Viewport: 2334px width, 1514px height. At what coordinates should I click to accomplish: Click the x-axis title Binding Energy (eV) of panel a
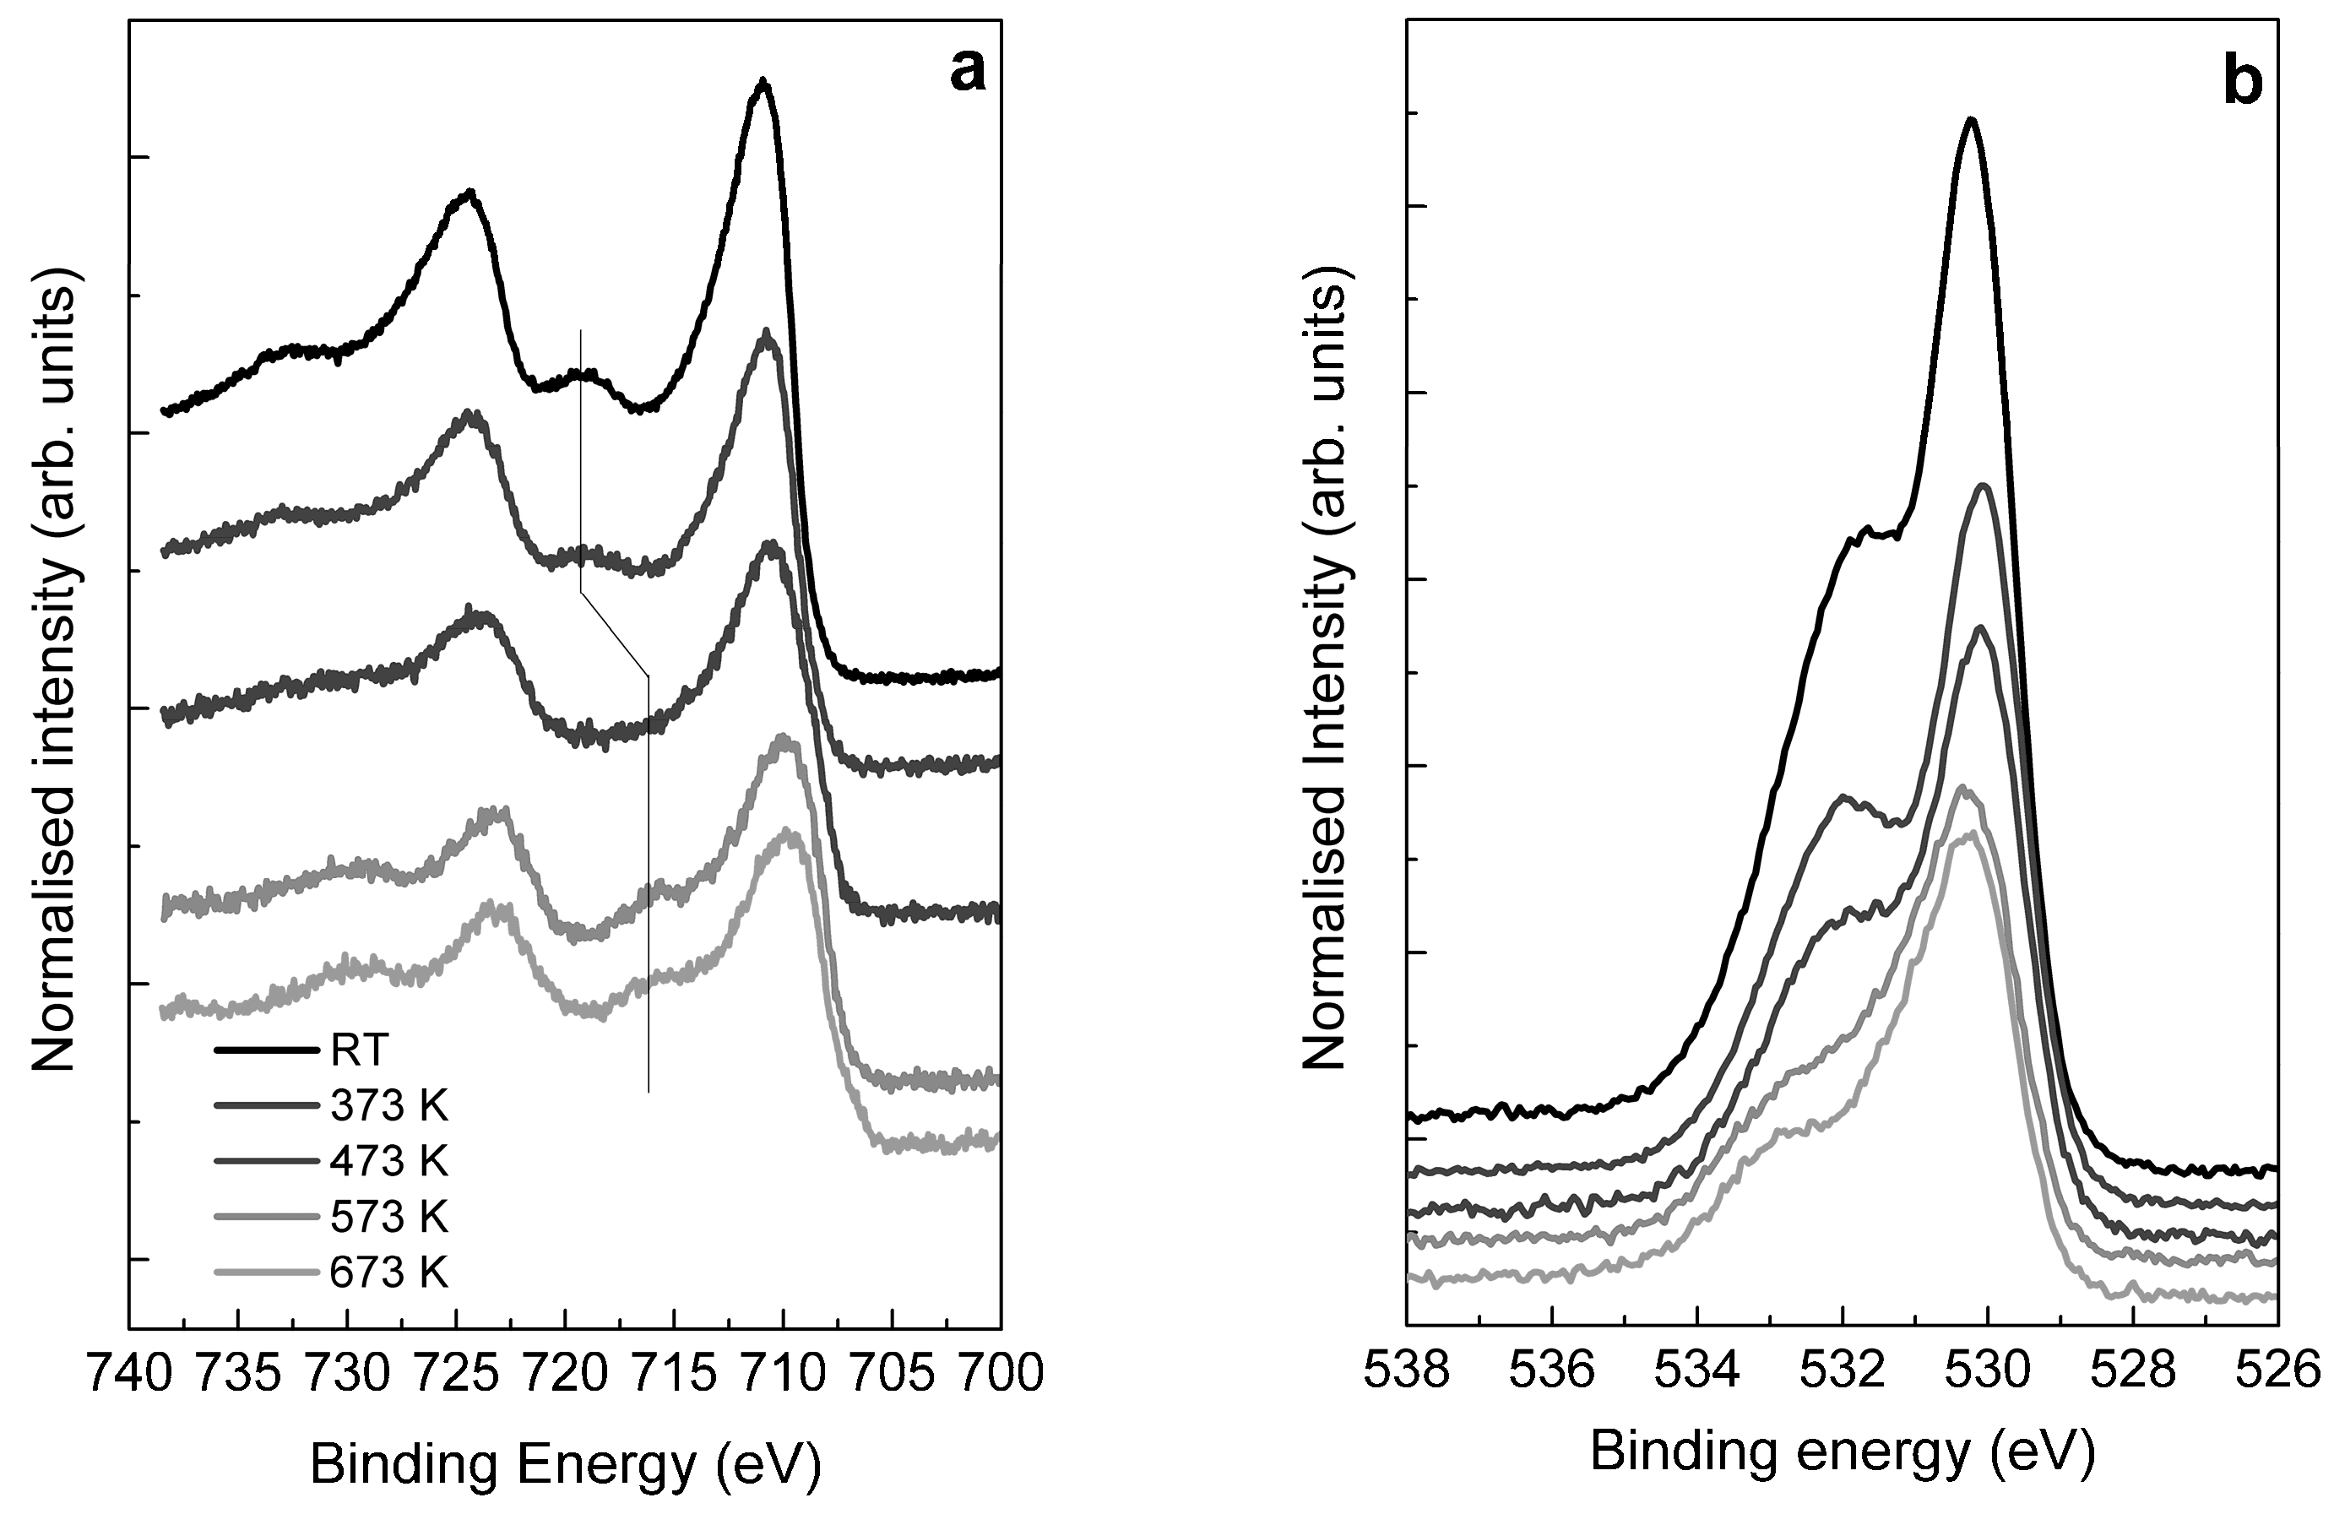click(x=565, y=1465)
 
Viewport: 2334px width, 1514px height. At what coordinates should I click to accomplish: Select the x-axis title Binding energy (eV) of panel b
click(x=1842, y=1452)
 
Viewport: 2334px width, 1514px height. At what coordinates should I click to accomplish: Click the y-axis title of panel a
click(x=56, y=667)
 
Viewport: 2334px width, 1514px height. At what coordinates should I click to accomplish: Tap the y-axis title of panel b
click(x=1326, y=667)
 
